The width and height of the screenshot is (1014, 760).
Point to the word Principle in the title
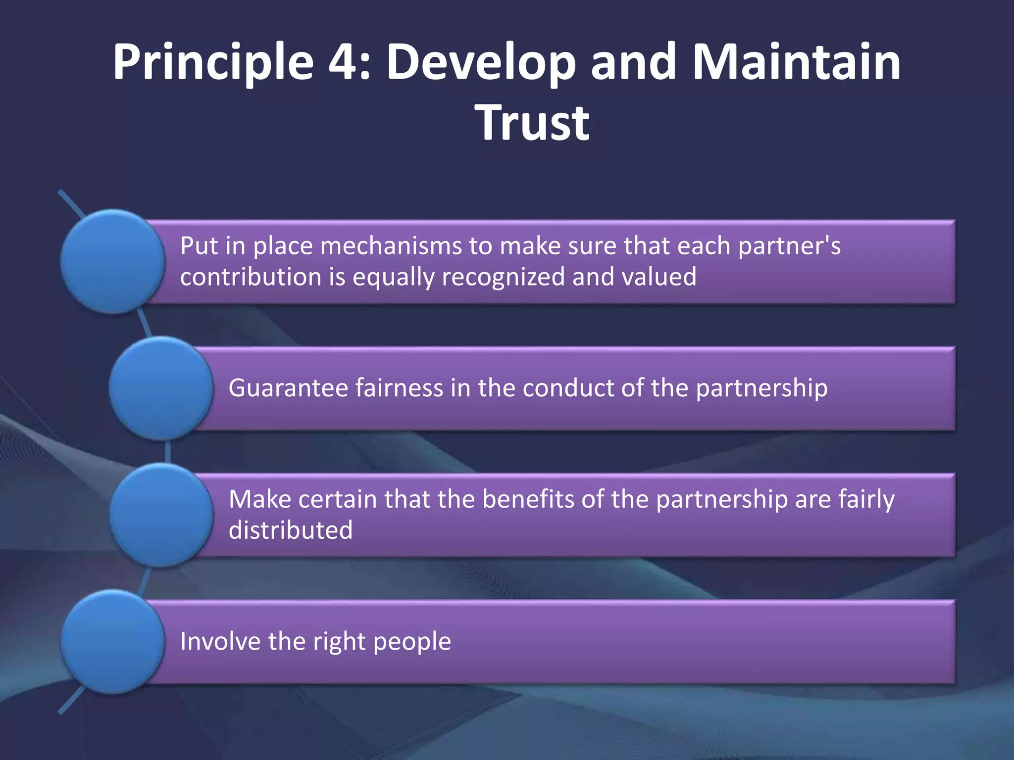point(213,63)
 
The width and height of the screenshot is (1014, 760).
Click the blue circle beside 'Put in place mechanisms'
point(113,261)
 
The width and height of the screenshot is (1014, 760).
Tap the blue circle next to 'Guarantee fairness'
point(161,388)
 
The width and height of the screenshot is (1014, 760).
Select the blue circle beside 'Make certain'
point(161,515)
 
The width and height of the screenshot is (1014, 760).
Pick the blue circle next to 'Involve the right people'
point(113,641)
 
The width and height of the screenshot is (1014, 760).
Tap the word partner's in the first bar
point(789,246)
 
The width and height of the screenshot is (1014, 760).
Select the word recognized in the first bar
point(503,277)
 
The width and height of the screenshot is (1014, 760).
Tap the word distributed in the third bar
point(291,530)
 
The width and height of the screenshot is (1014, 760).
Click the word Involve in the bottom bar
point(220,641)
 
